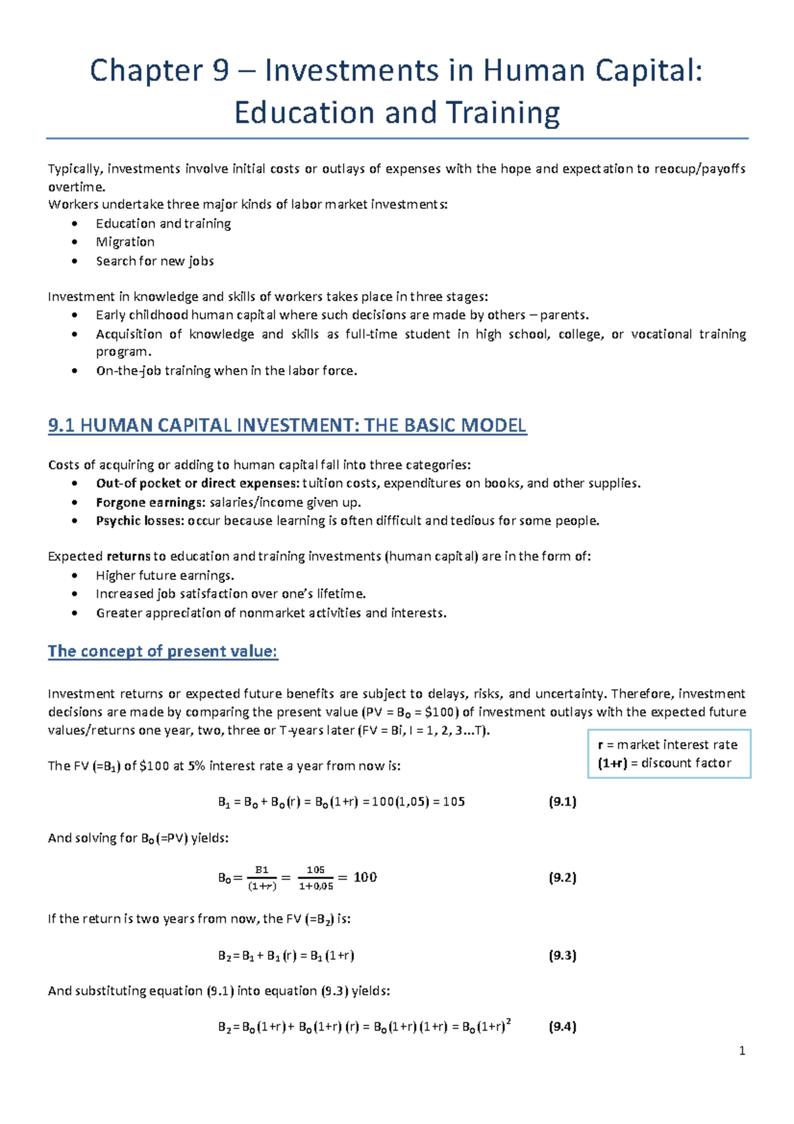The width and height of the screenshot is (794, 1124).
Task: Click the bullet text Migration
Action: [125, 242]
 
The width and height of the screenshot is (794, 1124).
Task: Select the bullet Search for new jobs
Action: [155, 261]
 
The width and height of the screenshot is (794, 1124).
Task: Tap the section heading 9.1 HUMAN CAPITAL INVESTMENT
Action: [287, 425]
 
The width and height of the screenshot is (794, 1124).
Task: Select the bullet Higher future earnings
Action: [165, 576]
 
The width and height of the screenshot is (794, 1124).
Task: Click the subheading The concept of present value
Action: [163, 651]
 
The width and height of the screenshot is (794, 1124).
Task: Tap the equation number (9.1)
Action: [562, 802]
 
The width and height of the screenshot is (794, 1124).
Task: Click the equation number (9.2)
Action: [562, 878]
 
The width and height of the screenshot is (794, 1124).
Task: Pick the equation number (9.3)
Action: [562, 955]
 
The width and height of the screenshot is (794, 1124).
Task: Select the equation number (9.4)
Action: [562, 1027]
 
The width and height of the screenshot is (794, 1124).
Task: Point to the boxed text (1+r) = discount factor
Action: [664, 763]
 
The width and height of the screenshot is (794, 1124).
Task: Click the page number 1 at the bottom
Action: [742, 1051]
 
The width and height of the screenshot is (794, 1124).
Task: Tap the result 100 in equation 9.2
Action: [365, 878]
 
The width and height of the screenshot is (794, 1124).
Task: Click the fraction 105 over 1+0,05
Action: [316, 878]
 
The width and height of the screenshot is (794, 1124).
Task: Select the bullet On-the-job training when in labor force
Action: [226, 371]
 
